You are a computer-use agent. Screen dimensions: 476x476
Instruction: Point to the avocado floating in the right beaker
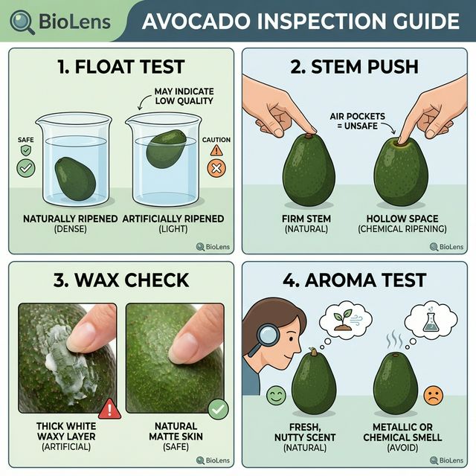point(165,148)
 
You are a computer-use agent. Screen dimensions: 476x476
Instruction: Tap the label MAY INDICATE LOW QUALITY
point(183,96)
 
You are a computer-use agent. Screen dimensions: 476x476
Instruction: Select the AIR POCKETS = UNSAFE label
point(354,121)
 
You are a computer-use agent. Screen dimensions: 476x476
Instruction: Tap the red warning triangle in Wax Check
point(109,408)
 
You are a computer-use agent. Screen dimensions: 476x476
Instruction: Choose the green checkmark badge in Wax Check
point(219,408)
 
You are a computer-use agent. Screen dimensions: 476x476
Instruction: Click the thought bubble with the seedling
point(346,317)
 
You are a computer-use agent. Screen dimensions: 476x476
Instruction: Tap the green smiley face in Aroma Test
point(276,395)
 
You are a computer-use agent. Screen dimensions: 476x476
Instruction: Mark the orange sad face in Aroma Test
point(434,395)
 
